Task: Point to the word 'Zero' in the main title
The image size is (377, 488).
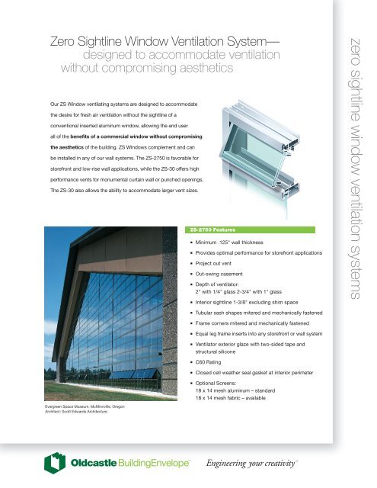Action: pyautogui.click(x=62, y=42)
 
